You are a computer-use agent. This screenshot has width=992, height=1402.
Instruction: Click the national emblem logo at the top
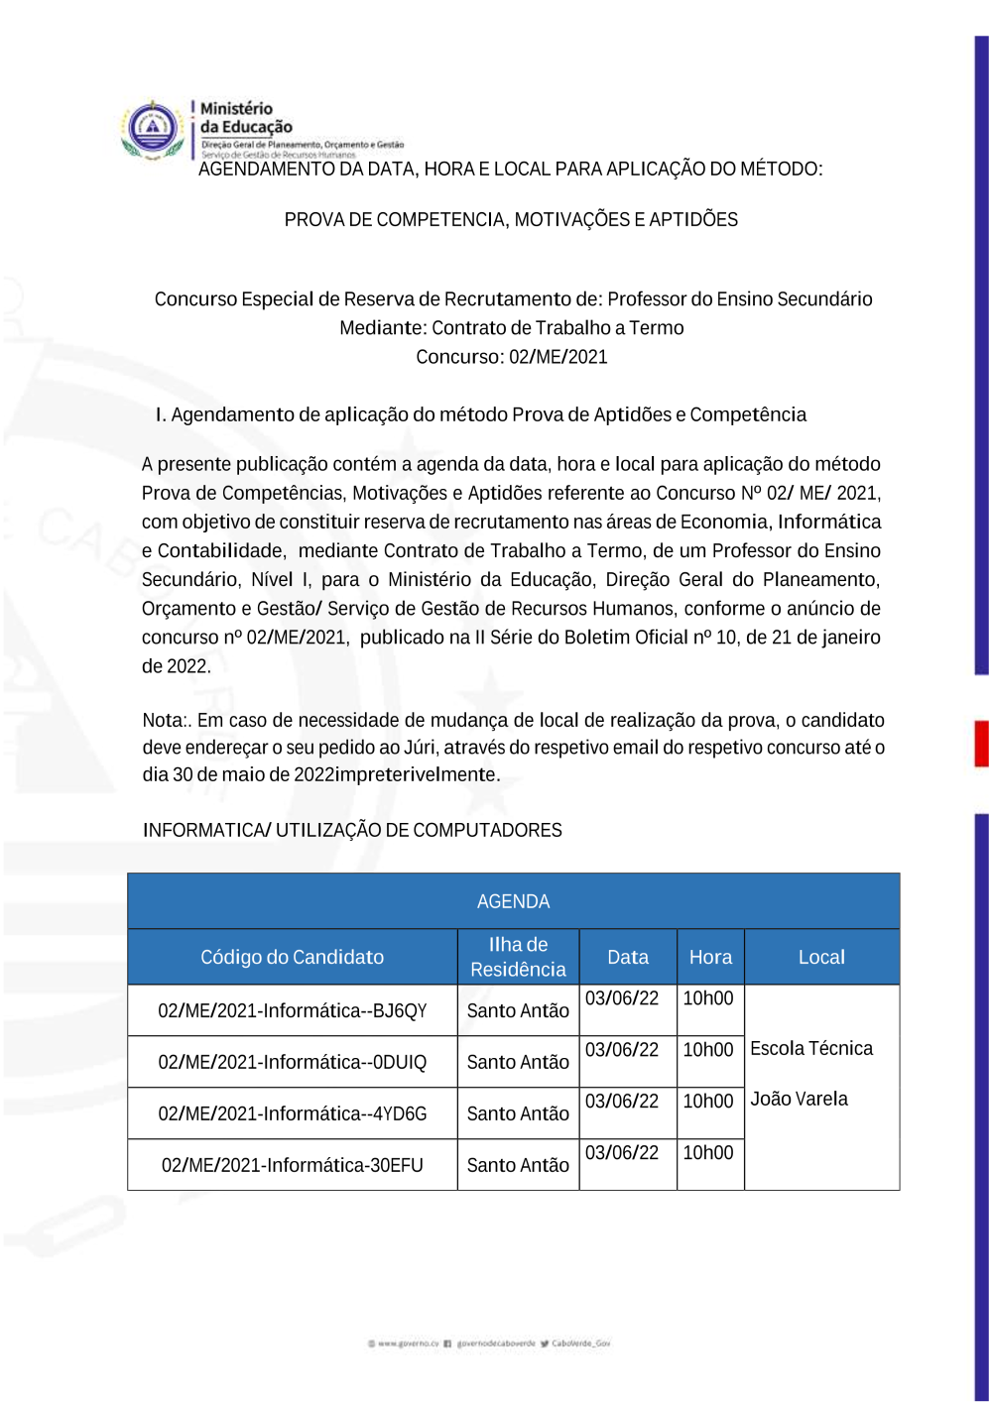point(153,129)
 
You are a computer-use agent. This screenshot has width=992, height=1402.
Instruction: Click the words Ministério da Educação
point(245,118)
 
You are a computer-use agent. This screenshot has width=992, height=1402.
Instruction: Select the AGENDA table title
point(513,901)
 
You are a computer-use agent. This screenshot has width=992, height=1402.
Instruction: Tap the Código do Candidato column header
point(292,957)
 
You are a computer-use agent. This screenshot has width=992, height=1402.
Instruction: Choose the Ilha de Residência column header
point(518,957)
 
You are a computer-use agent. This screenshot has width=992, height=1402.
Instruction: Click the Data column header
point(627,957)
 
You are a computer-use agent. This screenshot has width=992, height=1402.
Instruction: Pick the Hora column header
point(710,957)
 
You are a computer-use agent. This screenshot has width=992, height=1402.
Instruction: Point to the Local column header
point(821,957)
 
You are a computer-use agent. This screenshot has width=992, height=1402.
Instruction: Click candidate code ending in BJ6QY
point(292,1010)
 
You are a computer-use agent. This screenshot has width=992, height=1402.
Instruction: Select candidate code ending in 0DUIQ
point(292,1062)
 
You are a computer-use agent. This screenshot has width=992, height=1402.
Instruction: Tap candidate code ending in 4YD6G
point(292,1113)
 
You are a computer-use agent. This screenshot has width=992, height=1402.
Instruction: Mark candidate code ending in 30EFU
point(292,1165)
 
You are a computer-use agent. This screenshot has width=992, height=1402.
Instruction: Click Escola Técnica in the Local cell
point(811,1048)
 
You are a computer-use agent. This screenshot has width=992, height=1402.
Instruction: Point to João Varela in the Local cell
point(799,1099)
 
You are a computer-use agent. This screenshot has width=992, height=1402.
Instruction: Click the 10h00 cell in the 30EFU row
point(708,1152)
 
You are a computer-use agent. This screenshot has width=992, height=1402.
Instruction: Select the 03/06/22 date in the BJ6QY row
point(622,997)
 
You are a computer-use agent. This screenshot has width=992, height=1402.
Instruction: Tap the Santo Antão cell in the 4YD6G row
point(518,1113)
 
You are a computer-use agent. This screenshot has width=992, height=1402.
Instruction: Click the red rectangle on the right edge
point(981,743)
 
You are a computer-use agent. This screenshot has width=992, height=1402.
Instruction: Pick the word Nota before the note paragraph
point(163,720)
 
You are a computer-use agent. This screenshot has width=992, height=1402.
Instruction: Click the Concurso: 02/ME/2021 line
point(511,357)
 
